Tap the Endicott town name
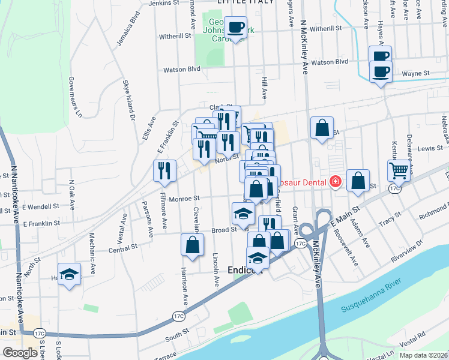click(245, 271)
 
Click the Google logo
click(20, 353)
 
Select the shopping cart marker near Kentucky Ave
click(399, 170)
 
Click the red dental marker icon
click(335, 182)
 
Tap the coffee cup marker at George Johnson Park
click(236, 28)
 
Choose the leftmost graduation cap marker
click(70, 274)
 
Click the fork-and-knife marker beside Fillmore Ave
click(163, 171)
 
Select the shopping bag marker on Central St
click(192, 245)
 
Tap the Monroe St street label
click(186, 198)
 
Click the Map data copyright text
click(423, 355)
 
